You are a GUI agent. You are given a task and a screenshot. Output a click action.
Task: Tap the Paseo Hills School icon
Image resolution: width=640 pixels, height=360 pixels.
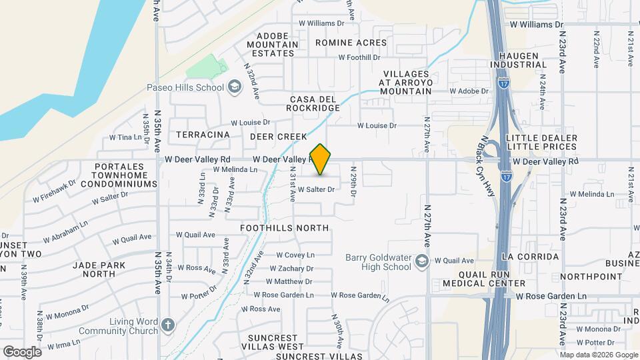tap(234, 87)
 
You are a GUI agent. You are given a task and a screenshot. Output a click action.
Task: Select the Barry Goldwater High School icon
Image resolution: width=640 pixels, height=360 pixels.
tap(422, 261)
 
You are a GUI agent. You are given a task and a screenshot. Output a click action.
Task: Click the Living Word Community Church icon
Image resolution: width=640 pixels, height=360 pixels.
tap(168, 325)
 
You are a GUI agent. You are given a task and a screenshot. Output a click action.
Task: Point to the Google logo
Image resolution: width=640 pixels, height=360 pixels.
tap(22, 351)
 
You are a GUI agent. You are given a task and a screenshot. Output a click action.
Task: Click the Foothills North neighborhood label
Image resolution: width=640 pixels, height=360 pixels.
tap(285, 228)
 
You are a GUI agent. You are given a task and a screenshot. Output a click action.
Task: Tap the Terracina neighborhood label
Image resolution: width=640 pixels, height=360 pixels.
tap(203, 135)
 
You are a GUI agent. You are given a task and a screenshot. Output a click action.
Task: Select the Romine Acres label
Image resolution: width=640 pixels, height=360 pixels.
tap(351, 43)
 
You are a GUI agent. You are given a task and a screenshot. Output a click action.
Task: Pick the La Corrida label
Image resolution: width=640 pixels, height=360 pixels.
tap(531, 257)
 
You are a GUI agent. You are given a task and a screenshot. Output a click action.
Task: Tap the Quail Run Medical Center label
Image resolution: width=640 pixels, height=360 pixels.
tap(492, 279)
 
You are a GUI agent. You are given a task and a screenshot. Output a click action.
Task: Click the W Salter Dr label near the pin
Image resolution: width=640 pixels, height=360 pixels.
tap(315, 189)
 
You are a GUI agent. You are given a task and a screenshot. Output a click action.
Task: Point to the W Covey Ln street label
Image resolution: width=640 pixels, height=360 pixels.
tap(295, 255)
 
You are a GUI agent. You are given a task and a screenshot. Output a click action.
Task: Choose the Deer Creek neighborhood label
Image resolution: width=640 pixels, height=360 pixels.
tap(278, 137)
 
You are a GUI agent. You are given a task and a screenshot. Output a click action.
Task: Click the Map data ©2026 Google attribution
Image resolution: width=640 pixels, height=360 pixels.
tap(597, 354)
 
